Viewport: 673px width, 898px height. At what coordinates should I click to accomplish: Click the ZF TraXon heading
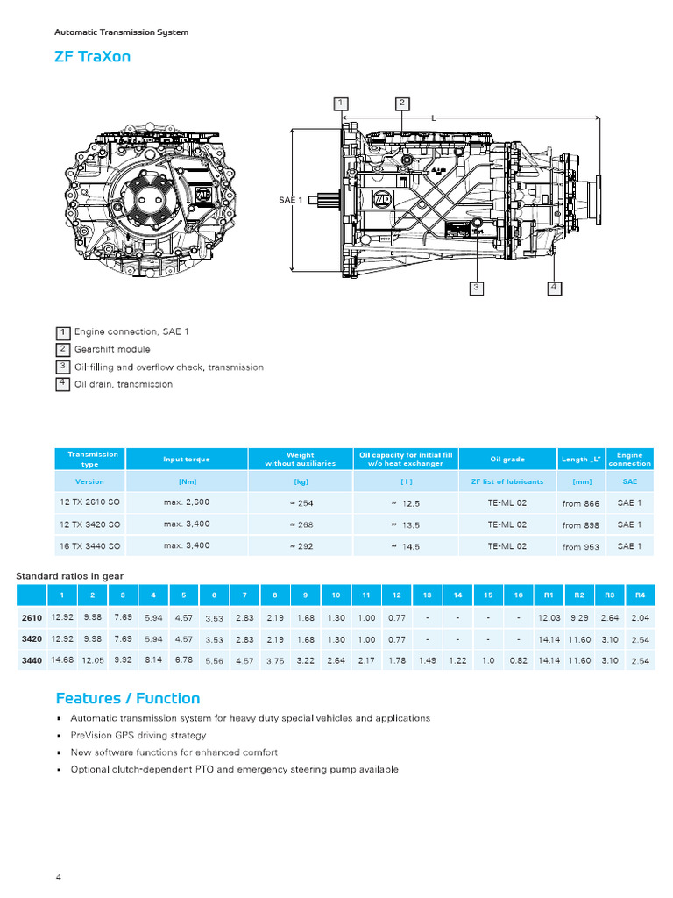pos(93,57)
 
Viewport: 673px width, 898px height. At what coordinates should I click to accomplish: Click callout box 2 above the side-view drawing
pos(401,103)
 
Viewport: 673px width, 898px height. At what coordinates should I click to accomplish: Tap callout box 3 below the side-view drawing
pos(476,287)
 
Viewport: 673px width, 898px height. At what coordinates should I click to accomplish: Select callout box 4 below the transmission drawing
pos(554,287)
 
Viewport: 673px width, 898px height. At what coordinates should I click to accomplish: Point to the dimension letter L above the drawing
pos(434,117)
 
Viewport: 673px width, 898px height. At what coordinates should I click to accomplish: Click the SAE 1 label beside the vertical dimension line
pos(290,200)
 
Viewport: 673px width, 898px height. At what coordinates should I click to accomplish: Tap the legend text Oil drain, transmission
pos(123,384)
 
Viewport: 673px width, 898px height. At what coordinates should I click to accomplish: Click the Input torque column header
pos(186,459)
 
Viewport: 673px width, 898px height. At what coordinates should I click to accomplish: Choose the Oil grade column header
pos(507,459)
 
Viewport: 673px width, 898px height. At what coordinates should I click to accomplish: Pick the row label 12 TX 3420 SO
pos(89,524)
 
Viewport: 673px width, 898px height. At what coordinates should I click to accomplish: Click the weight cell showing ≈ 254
pos(301,502)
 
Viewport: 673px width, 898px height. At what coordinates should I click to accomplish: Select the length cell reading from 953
pos(580,546)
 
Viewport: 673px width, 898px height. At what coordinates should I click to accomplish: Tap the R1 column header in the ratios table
pos(549,595)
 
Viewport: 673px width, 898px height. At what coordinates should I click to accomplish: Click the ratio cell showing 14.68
pos(62,659)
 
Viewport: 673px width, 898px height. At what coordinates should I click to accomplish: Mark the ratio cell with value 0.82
pos(518,660)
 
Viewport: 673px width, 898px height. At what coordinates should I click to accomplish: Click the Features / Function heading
pos(128,698)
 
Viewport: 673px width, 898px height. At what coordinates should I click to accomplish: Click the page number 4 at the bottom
pos(59,877)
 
